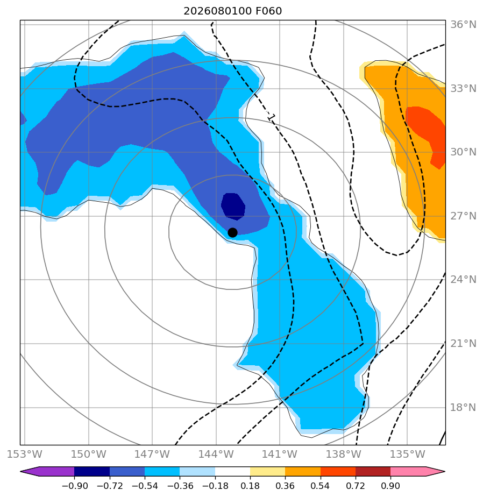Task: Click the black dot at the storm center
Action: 232,233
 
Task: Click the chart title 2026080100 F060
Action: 233,11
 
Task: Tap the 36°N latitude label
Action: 463,25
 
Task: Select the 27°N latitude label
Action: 463,216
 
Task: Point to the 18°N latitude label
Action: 463,407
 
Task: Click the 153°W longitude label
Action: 25,454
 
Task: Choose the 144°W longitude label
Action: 216,454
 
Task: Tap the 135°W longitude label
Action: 407,454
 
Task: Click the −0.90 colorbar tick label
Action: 74,486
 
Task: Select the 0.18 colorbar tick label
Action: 250,486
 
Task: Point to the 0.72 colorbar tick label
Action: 356,486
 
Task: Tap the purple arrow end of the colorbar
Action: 47,471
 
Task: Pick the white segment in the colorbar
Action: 233,471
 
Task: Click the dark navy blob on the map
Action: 233,207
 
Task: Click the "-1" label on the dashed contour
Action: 270,117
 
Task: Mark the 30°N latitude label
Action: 463,152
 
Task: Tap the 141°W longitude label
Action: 280,454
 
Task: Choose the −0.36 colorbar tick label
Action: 180,486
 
